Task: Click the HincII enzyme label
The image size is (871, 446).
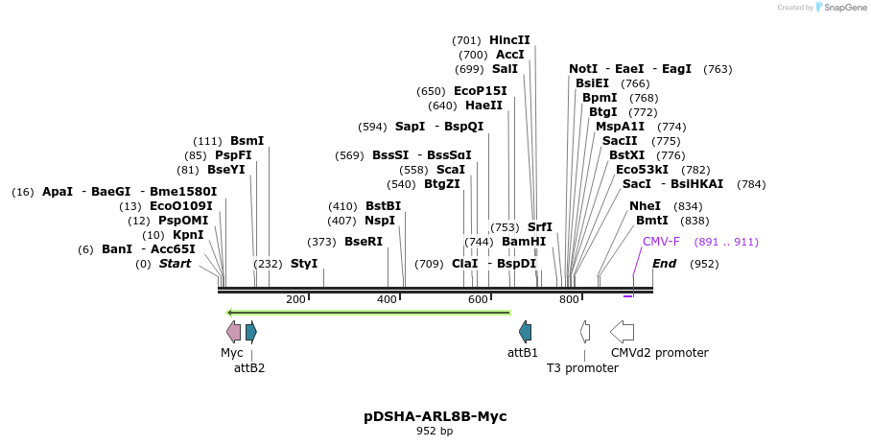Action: coord(509,40)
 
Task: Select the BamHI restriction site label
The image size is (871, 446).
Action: coord(524,242)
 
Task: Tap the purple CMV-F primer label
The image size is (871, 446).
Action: coord(661,242)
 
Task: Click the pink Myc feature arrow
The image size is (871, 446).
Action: coord(233,332)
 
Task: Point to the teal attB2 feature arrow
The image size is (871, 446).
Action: coord(251,332)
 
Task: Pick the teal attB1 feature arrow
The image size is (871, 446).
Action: coord(525,332)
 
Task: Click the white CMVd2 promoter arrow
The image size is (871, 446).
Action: coord(622,332)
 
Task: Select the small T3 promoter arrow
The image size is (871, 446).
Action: coord(584,332)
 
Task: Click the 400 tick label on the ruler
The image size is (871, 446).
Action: coord(387,300)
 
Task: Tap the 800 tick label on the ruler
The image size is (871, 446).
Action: coord(569,300)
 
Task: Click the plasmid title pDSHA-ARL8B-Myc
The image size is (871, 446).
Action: coord(435,416)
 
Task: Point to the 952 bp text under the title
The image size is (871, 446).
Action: coord(435,432)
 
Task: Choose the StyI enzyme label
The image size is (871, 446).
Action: coord(304,264)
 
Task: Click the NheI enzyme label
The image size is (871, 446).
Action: coord(645,206)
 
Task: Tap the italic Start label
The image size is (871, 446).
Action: coord(175,264)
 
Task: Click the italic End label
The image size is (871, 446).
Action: coord(664,264)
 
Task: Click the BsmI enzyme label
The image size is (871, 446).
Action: coord(247,141)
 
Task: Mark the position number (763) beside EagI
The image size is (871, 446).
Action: coord(718,69)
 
